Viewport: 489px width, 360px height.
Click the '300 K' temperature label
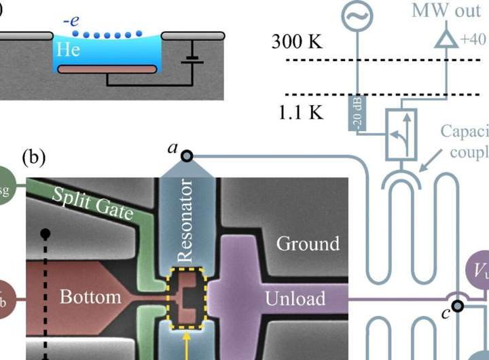pyautogui.click(x=297, y=41)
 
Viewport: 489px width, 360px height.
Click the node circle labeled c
pyautogui.click(x=457, y=306)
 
